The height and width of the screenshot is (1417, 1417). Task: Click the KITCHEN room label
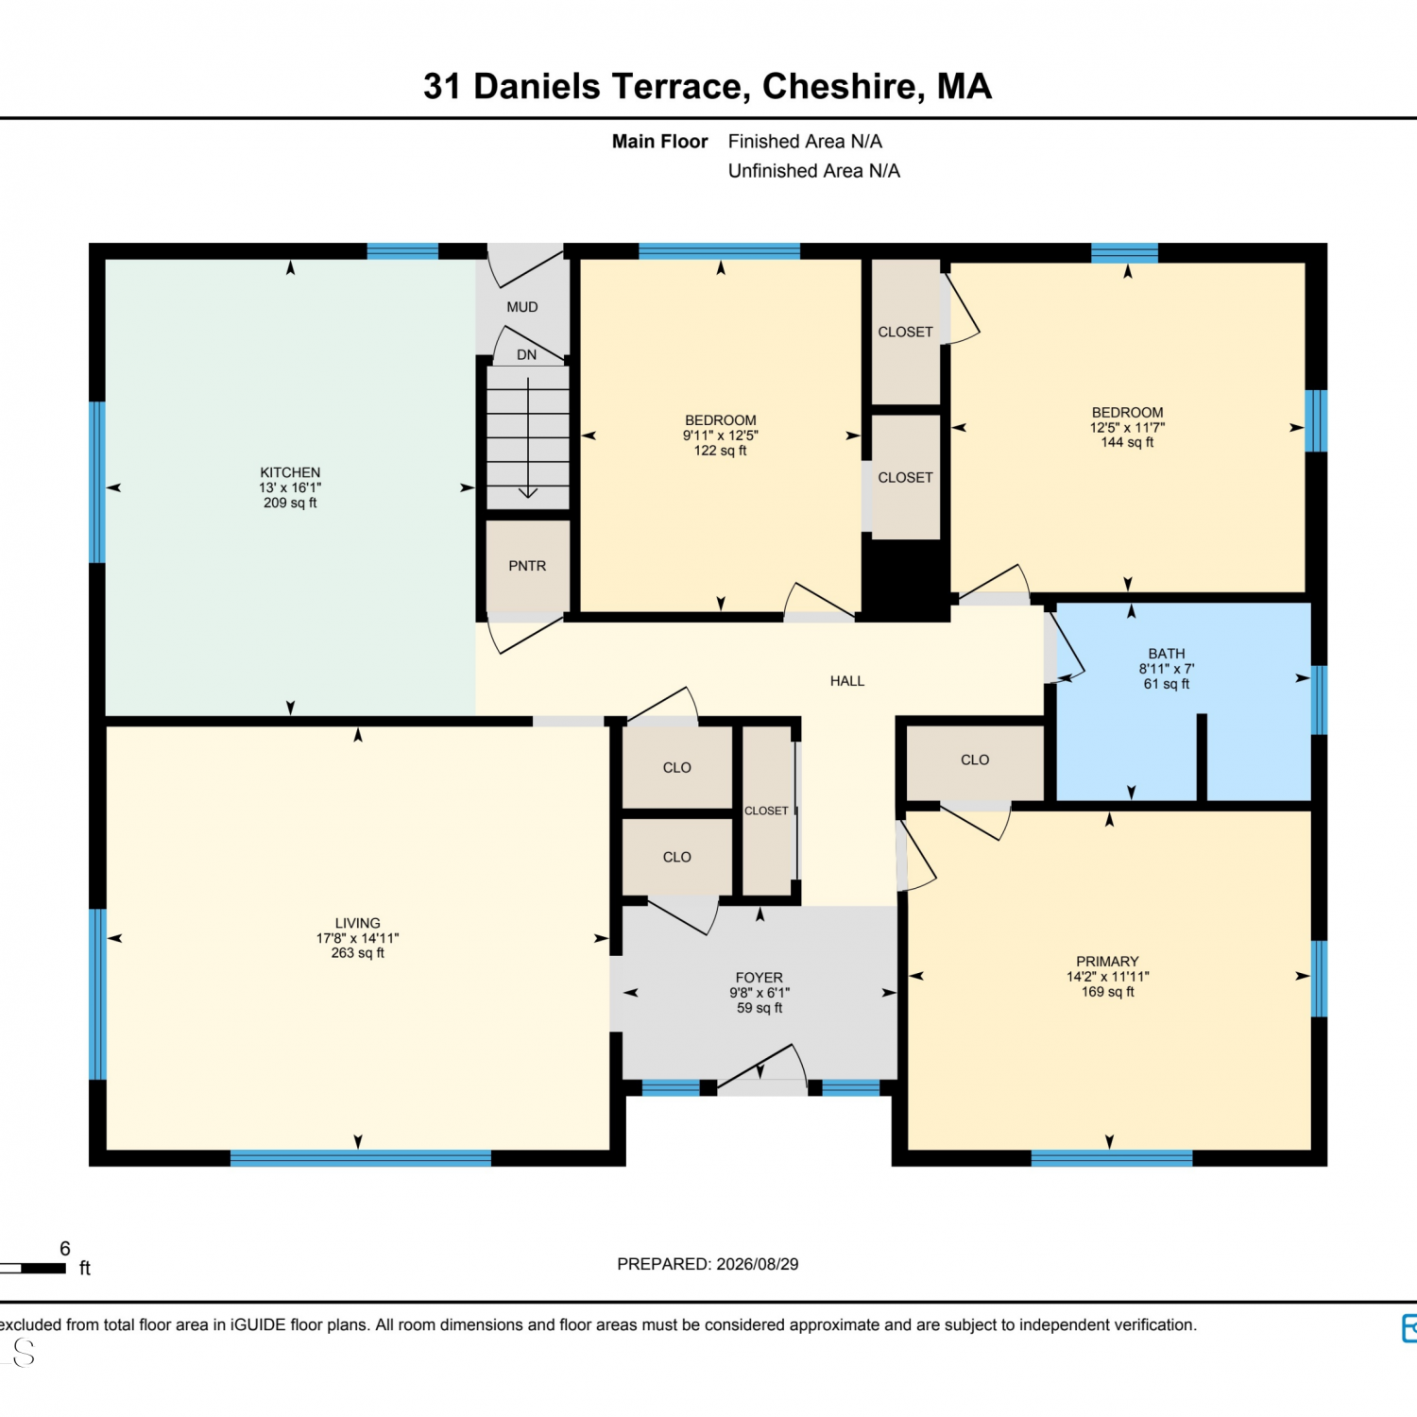pyautogui.click(x=290, y=472)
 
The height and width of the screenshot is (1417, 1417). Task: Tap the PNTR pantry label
pyautogui.click(x=527, y=566)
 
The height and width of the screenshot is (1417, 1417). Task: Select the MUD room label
pyautogui.click(x=522, y=307)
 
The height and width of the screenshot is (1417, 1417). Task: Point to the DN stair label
pyautogui.click(x=527, y=355)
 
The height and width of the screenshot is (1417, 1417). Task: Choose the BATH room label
pyautogui.click(x=1167, y=654)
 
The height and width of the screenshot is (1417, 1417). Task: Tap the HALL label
pyautogui.click(x=847, y=681)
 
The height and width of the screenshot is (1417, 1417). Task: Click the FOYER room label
pyautogui.click(x=760, y=978)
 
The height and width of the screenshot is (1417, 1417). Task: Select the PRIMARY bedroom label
pyautogui.click(x=1108, y=962)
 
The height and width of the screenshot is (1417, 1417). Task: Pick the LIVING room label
pyautogui.click(x=358, y=923)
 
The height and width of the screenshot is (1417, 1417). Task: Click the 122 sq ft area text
pyautogui.click(x=721, y=451)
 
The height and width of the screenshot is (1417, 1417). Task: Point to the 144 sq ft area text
pyautogui.click(x=1127, y=442)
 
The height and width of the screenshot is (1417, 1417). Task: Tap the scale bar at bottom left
pyautogui.click(x=34, y=1268)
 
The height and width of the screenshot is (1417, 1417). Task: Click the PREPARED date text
pyautogui.click(x=708, y=1264)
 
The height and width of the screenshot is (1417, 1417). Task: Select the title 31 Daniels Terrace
pyautogui.click(x=587, y=87)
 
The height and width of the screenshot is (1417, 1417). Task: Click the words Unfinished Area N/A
pyautogui.click(x=814, y=171)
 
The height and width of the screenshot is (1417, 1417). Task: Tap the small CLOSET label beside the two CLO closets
pyautogui.click(x=766, y=811)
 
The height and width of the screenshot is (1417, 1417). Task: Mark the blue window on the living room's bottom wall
pyautogui.click(x=361, y=1158)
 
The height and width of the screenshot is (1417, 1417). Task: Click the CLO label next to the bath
pyautogui.click(x=975, y=760)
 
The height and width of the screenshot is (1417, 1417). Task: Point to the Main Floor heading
pyautogui.click(x=659, y=142)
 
